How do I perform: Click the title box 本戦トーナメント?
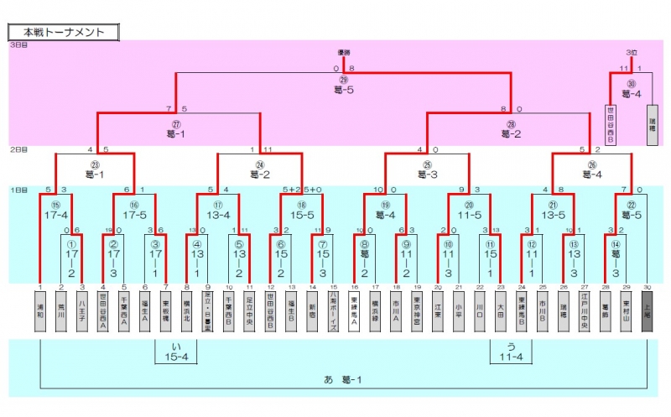point(65,32)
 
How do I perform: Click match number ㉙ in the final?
point(344,80)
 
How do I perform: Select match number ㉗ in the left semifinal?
point(177,122)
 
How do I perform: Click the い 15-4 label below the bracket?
point(175,353)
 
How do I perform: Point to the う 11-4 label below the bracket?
point(511,353)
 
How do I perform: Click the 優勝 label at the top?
point(344,53)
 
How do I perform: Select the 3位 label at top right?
point(631,53)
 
